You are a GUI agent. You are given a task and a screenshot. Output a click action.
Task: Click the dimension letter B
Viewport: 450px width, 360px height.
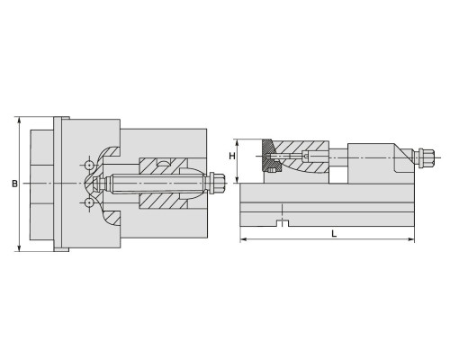point(14,184)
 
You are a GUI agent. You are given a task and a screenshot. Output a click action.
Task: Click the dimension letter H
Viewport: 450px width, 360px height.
point(232,156)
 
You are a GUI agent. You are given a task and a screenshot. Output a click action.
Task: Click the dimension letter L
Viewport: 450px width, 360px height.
point(334,234)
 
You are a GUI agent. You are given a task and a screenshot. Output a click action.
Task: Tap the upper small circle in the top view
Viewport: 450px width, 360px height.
point(89,166)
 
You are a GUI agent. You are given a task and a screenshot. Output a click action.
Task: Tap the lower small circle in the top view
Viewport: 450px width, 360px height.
point(89,203)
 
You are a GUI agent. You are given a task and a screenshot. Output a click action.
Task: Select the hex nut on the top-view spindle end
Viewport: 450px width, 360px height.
point(217,183)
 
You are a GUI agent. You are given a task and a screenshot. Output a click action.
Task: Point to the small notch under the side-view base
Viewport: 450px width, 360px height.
point(282,223)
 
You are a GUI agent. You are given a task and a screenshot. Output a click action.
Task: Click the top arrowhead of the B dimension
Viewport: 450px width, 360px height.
point(20,120)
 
